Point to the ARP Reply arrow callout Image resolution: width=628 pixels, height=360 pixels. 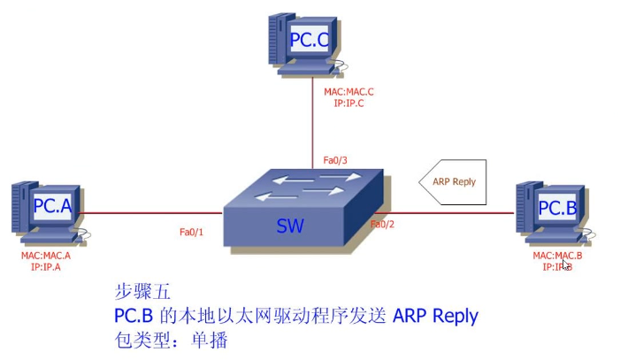point(453,182)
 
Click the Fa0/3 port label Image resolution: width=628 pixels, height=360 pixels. point(335,160)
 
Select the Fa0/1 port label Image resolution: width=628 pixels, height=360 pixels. point(191,233)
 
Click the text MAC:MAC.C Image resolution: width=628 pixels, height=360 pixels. point(348,91)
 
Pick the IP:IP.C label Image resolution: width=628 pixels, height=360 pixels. point(348,103)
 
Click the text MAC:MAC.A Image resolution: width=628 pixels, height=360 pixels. point(46,256)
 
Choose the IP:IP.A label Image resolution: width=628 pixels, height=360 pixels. point(46,266)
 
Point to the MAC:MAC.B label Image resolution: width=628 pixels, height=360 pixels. point(557,256)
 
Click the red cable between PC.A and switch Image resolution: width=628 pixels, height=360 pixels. point(150,212)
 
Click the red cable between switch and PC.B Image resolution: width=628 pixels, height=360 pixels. point(451,212)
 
